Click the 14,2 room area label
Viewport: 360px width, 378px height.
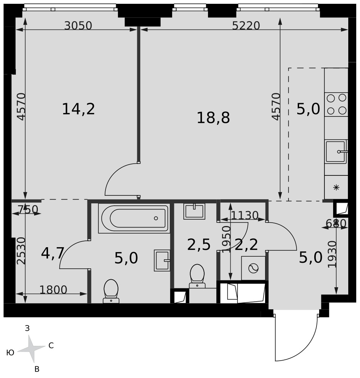point(78,109)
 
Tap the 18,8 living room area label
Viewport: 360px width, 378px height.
point(213,118)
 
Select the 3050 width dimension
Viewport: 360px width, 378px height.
point(78,26)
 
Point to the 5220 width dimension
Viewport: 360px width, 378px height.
point(246,26)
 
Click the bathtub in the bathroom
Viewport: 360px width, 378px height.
point(135,218)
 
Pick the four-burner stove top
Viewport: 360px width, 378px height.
point(336,104)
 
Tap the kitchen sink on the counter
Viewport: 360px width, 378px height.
point(336,152)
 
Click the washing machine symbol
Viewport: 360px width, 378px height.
point(253,268)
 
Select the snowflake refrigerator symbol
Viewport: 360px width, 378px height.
point(336,187)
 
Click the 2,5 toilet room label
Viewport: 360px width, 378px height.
point(199,245)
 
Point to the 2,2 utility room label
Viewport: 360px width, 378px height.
point(246,245)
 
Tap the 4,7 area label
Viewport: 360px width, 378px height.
point(53,253)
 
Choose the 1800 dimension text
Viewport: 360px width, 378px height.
point(53,290)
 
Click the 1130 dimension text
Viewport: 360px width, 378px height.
point(245,215)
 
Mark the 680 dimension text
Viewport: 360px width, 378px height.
point(336,224)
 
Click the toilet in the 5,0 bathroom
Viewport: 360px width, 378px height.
point(111,291)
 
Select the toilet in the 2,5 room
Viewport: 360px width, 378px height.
point(197,276)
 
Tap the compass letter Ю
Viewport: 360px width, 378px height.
point(10,353)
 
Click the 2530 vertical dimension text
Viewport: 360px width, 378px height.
point(21,251)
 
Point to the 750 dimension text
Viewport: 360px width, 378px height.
point(28,209)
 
